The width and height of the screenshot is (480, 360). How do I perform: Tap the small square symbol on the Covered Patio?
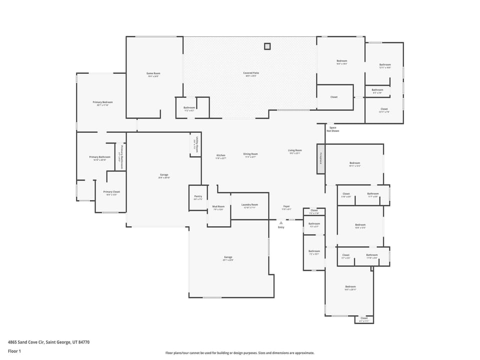(267, 46)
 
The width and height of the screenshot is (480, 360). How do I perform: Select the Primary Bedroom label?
(100, 103)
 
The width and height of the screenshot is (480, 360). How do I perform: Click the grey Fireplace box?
(320, 159)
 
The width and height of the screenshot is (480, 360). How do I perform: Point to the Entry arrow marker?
(281, 222)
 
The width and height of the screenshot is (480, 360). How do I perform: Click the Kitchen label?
(220, 156)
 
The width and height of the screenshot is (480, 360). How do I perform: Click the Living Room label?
(294, 151)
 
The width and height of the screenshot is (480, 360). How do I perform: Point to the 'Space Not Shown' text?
(332, 129)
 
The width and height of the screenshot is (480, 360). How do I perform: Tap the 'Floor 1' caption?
(14, 351)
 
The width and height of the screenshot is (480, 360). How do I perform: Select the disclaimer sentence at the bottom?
(239, 352)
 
